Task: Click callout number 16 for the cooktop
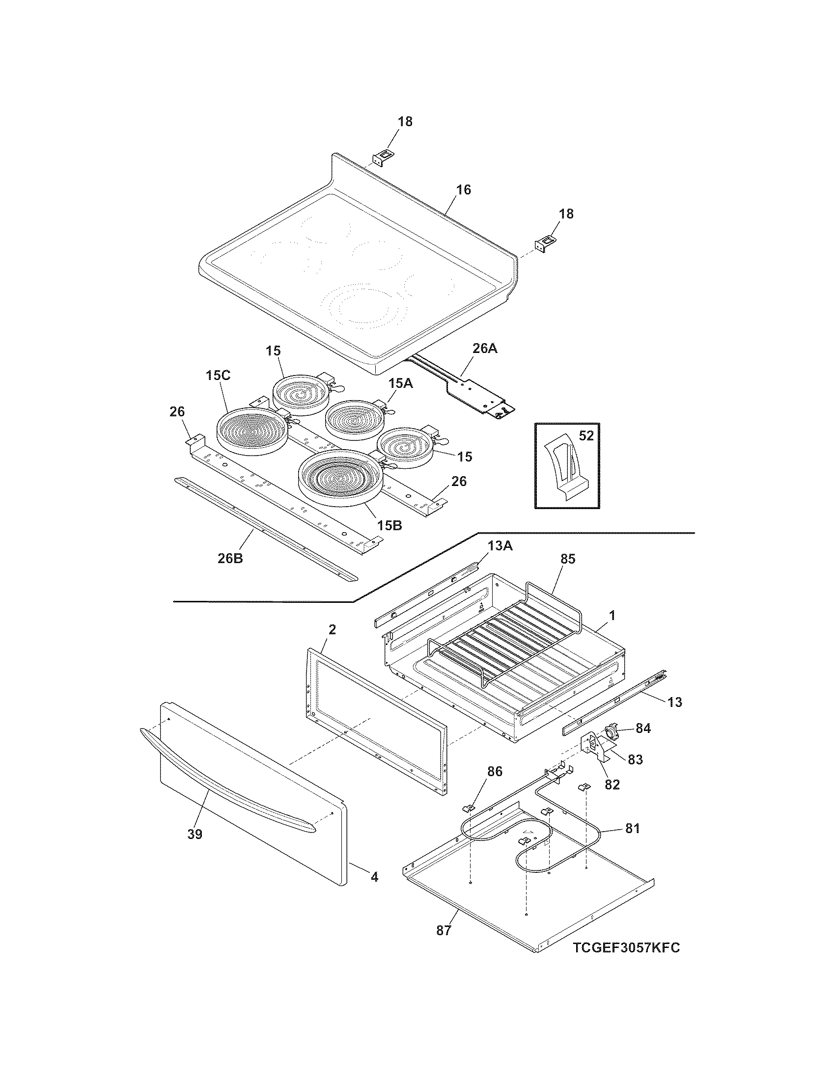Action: [x=464, y=190]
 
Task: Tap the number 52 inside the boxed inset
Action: [x=586, y=435]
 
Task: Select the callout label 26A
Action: [x=484, y=348]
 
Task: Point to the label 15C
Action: [x=218, y=376]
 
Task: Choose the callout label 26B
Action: [x=230, y=559]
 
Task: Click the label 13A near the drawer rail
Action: [x=500, y=545]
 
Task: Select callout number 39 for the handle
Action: [x=195, y=834]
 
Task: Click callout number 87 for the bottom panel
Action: [x=444, y=930]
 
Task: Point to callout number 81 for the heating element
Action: [x=633, y=828]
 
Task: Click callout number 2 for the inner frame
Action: [x=332, y=629]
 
